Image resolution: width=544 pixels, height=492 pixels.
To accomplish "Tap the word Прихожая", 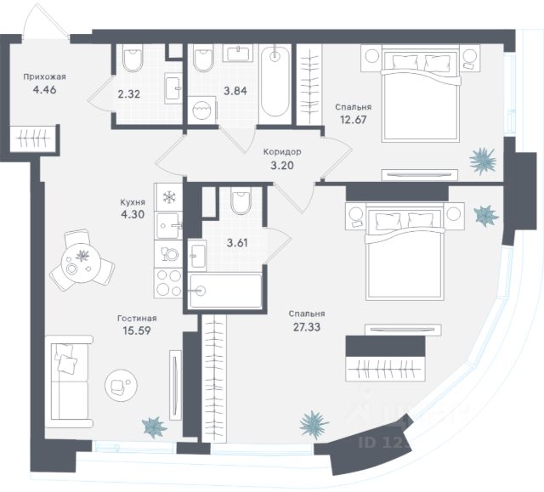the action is point(44,75).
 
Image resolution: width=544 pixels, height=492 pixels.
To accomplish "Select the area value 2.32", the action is point(128,94).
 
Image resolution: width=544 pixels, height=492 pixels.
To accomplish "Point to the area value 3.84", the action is point(209,90).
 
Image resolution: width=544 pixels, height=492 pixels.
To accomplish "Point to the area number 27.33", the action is point(307,324).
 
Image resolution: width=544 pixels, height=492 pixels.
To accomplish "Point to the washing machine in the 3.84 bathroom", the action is point(202,112).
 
